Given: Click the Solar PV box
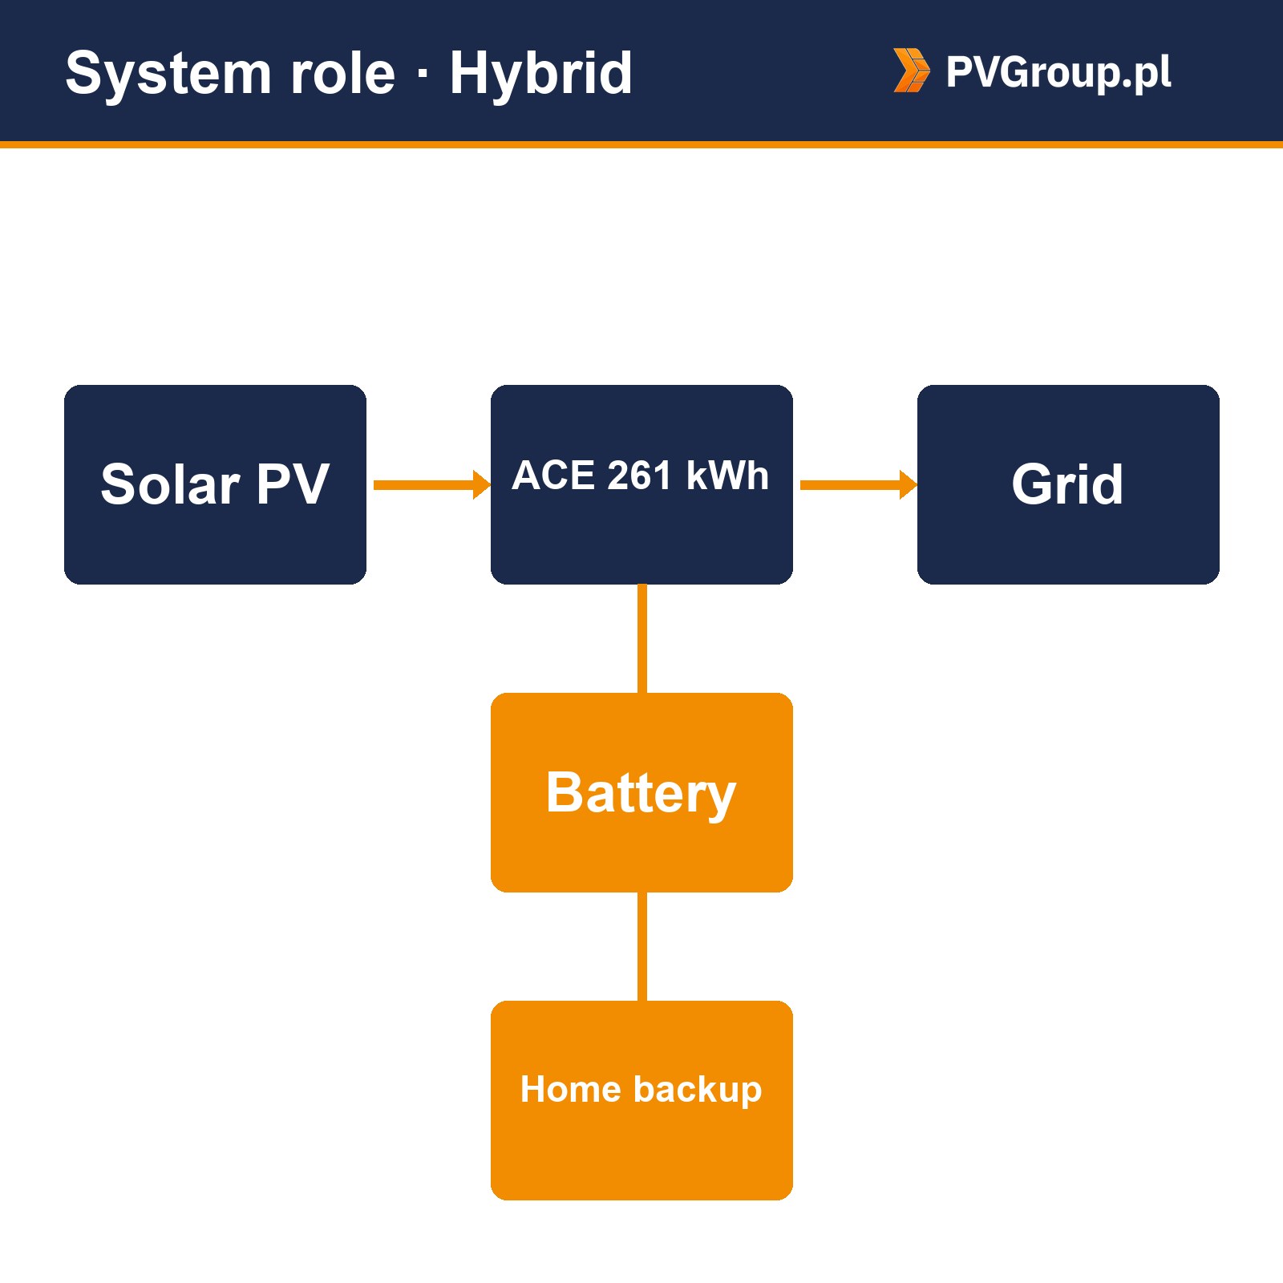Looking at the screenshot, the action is (215, 484).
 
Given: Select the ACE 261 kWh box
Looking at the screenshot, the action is (641, 484).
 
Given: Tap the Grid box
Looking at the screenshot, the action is (1068, 484).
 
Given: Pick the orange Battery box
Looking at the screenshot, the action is (641, 792).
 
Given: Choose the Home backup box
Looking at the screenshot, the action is (641, 1100).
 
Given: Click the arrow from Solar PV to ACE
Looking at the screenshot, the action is (432, 484).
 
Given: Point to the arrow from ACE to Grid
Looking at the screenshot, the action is (859, 484).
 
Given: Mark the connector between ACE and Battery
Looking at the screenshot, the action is (641, 638).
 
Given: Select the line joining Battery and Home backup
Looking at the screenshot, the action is (641, 946).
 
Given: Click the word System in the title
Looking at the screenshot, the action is (169, 75).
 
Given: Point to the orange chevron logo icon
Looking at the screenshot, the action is (913, 71).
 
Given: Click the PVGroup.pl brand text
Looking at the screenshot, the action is (1058, 72).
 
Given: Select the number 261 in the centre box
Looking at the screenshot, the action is (639, 476).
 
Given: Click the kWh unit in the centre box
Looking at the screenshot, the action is (727, 476).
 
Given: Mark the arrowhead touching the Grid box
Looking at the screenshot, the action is (909, 484).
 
